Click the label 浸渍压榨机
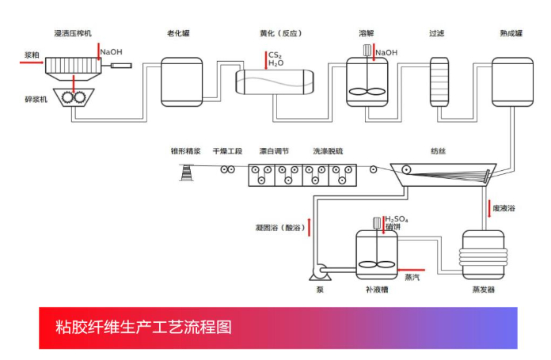(73, 34)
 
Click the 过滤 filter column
(439, 81)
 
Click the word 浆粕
(32, 55)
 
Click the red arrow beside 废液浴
(488, 207)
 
